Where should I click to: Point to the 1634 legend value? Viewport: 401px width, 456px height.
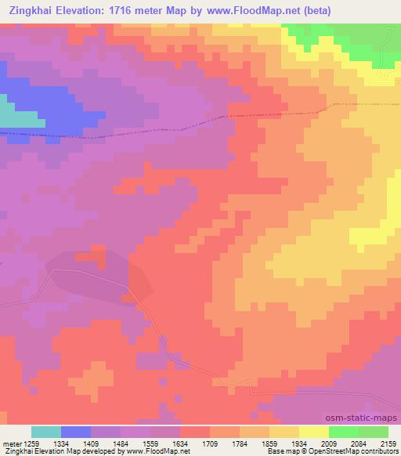pos(182,443)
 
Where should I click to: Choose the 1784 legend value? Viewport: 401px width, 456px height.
pos(240,443)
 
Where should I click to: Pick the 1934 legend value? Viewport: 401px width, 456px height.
pos(299,443)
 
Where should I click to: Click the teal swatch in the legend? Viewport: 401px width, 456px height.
pos(46,432)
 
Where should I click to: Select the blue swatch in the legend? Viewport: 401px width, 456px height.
pos(76,432)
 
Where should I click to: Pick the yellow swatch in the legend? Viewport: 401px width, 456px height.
pos(313,432)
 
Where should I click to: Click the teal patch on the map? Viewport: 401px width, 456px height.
pos(20,115)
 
